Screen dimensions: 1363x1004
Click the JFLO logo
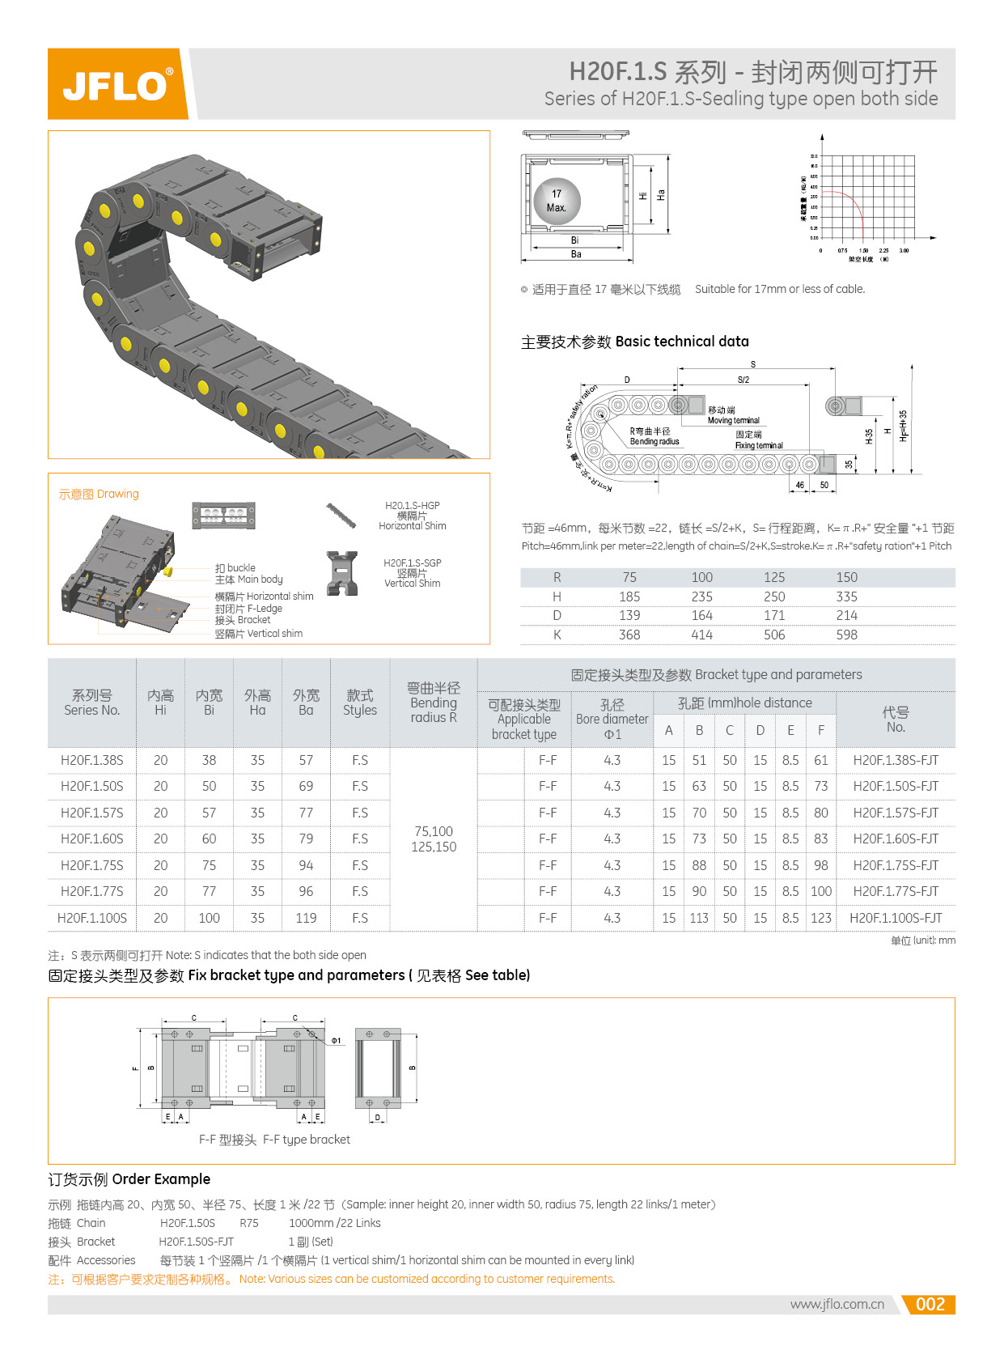[x=117, y=84]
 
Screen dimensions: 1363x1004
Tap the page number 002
[x=930, y=1304]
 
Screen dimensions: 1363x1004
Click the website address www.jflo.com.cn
[x=837, y=1304]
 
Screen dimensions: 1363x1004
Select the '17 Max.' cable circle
[x=557, y=201]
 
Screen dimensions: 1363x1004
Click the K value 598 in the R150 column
[x=846, y=635]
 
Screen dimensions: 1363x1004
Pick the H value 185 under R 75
[x=629, y=597]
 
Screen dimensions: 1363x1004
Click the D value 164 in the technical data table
[x=701, y=615]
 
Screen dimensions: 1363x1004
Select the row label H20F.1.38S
[x=91, y=760]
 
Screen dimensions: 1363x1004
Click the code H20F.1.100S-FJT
[x=896, y=918]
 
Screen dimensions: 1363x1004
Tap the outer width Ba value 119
[x=306, y=918]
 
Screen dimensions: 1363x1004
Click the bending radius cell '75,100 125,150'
[x=434, y=839]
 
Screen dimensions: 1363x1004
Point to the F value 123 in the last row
[x=820, y=918]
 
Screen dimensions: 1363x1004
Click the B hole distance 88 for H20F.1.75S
[x=699, y=865]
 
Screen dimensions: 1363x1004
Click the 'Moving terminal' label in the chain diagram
[x=733, y=420]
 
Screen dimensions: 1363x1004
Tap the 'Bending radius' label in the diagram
[x=655, y=441]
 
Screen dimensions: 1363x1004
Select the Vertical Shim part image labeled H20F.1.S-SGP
[x=342, y=572]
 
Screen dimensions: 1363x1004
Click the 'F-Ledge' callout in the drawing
[x=265, y=609]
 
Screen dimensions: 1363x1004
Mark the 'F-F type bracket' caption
[x=274, y=1140]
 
